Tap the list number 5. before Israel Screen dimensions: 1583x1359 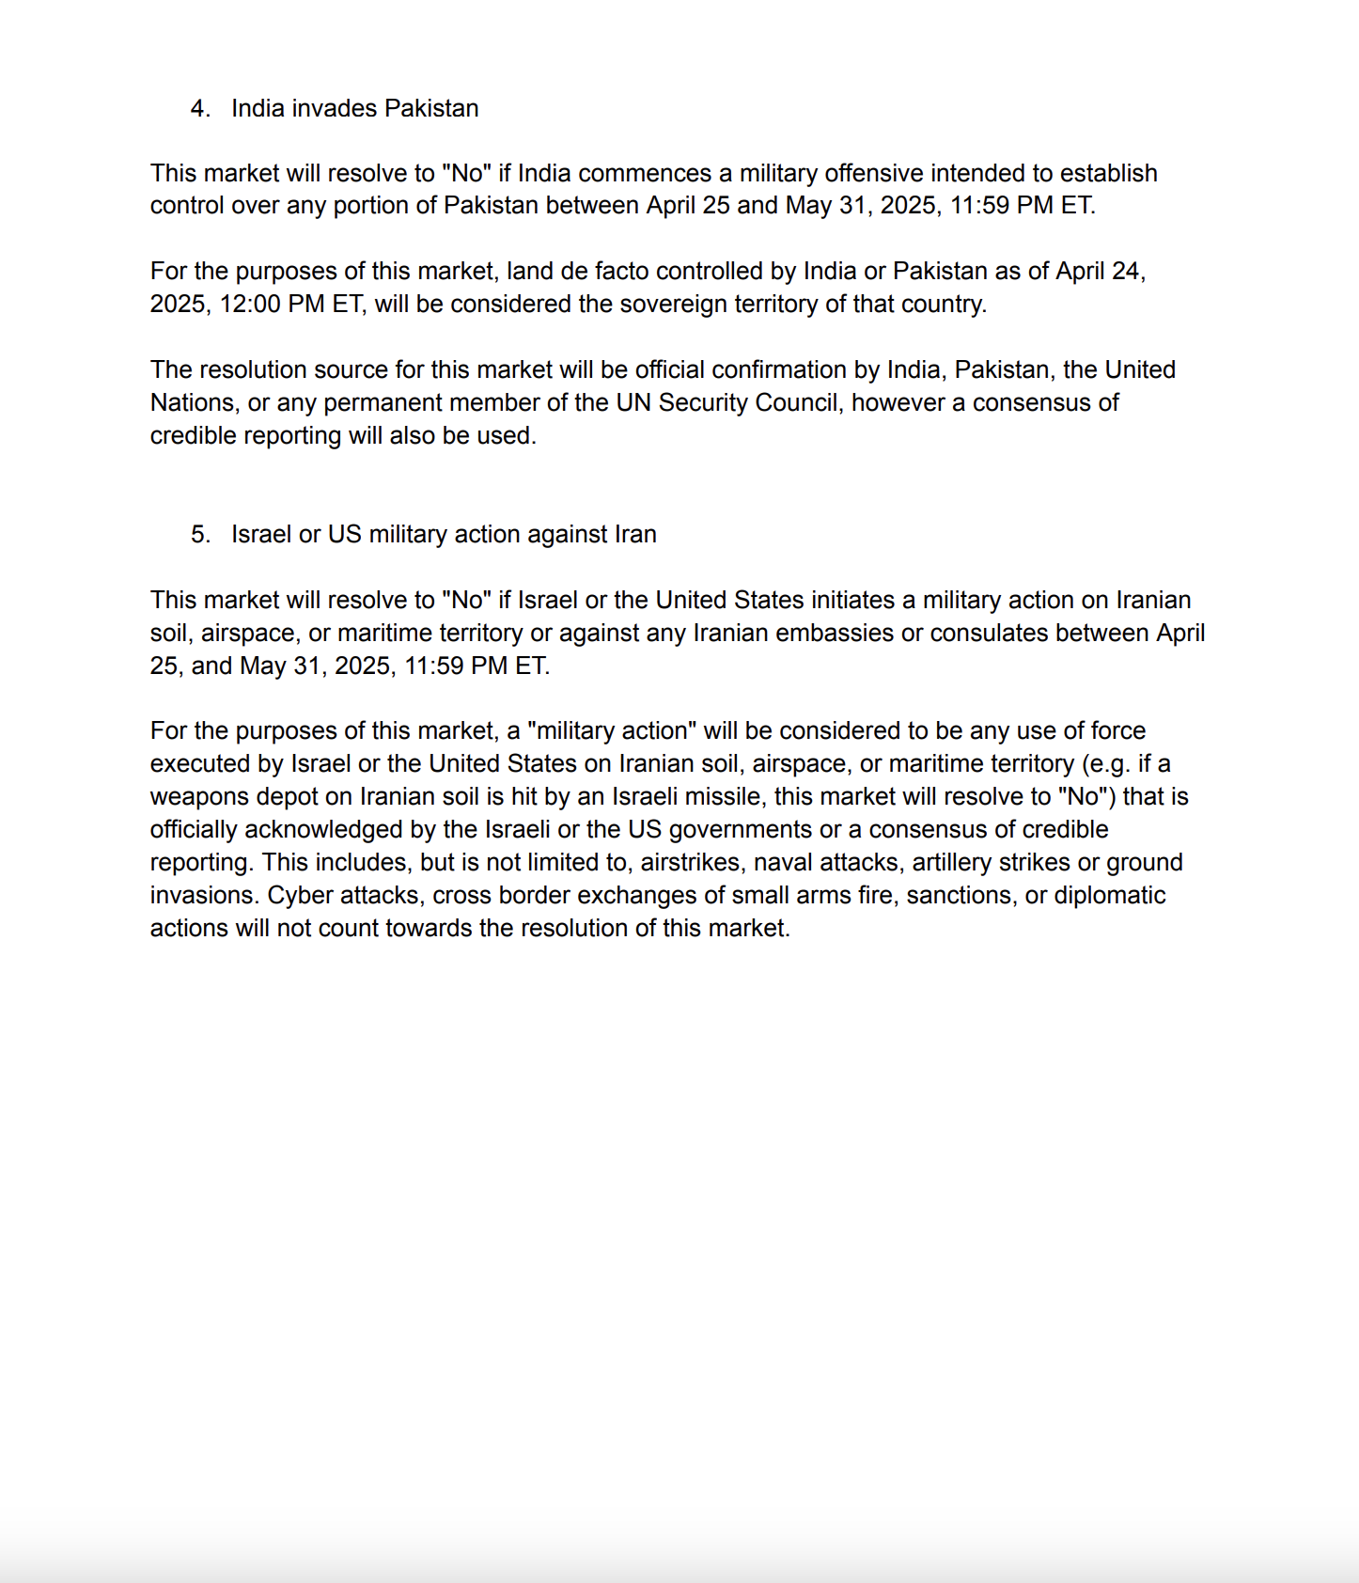point(200,535)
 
